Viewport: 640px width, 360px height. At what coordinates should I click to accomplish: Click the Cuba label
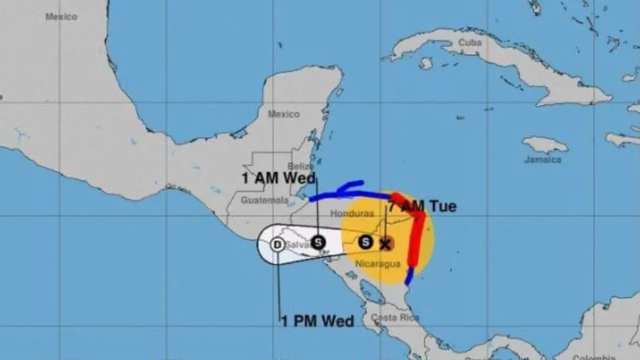tap(469, 42)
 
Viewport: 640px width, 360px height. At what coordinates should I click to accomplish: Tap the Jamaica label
tap(542, 159)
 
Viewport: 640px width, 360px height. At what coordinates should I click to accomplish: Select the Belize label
tap(300, 166)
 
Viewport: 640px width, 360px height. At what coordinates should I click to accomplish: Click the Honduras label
tap(352, 213)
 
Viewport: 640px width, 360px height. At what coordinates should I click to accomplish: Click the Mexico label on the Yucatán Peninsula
tap(283, 114)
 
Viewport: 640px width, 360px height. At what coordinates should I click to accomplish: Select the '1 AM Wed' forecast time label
tap(278, 178)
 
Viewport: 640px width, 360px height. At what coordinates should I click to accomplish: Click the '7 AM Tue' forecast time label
tap(422, 206)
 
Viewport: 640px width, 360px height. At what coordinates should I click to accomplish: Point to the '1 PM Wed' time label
tap(317, 320)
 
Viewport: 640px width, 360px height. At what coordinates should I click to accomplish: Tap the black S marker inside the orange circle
tap(365, 242)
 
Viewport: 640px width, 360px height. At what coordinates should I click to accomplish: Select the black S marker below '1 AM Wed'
tap(318, 242)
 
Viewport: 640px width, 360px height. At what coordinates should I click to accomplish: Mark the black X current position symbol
tap(384, 244)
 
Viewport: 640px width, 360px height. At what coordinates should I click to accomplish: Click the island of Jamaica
tap(545, 144)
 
